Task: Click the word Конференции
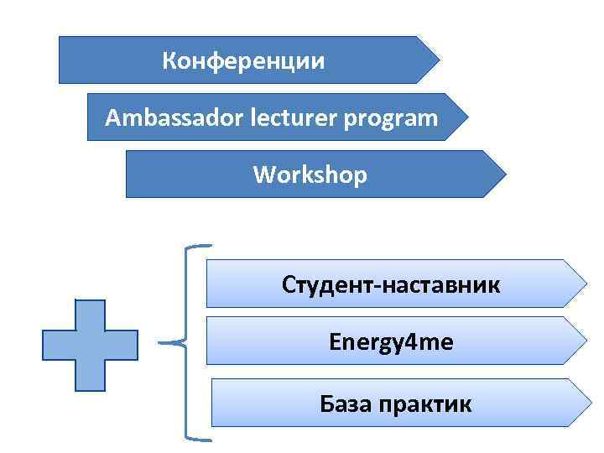pos(243,61)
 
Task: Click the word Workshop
pos(310,175)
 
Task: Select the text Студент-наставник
pos(391,285)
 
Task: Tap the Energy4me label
pos(391,341)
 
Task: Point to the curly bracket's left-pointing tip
pos(159,342)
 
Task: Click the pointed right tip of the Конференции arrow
pos(439,60)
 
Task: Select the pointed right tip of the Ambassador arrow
pos(467,117)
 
